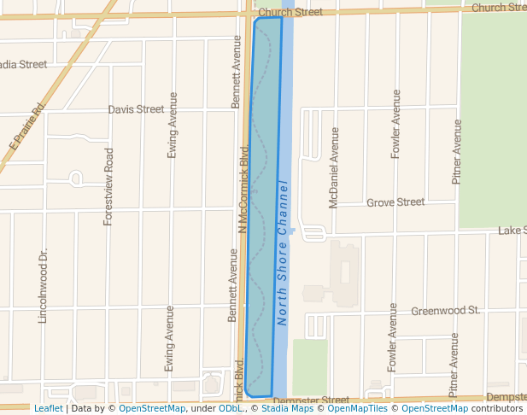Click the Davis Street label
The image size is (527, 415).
pos(136,109)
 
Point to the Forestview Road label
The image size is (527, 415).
pos(108,186)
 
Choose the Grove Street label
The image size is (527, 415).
pos(395,202)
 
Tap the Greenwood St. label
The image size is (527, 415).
pos(445,311)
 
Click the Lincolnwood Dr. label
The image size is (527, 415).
pos(43,287)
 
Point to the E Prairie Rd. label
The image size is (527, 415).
pos(27,126)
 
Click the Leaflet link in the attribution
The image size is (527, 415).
pos(48,408)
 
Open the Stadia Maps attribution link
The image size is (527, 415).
pos(286,408)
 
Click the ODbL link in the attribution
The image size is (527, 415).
pos(231,408)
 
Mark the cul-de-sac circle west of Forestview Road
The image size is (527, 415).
pos(75,178)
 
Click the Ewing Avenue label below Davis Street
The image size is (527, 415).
pos(173,125)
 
